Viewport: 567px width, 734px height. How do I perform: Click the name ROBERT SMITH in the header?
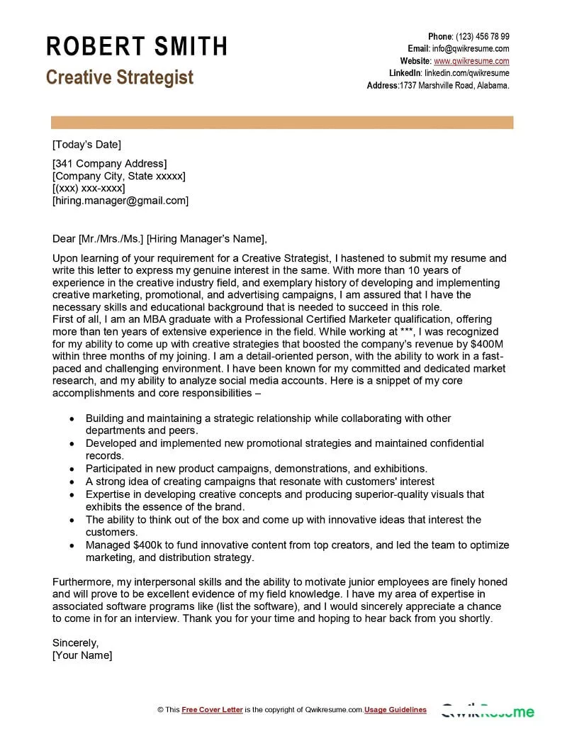click(137, 47)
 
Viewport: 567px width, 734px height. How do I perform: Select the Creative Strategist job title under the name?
click(120, 77)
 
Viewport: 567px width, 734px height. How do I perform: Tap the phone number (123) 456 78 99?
click(482, 36)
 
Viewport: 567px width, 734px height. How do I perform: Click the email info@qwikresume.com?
click(471, 48)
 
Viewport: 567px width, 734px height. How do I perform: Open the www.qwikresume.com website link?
click(471, 61)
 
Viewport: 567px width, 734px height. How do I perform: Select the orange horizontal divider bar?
click(282, 123)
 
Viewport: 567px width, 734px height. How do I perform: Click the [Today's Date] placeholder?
click(86, 145)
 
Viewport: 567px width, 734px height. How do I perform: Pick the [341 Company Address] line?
click(110, 164)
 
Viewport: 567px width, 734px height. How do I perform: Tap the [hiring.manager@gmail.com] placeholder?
click(120, 200)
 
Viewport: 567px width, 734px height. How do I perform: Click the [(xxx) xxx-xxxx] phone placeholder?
click(89, 188)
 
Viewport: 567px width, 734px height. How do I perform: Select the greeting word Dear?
click(64, 238)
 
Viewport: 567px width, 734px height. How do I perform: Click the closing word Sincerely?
click(76, 643)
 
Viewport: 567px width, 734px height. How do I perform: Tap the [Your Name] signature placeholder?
click(82, 655)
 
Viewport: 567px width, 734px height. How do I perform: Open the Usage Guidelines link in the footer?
click(395, 710)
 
